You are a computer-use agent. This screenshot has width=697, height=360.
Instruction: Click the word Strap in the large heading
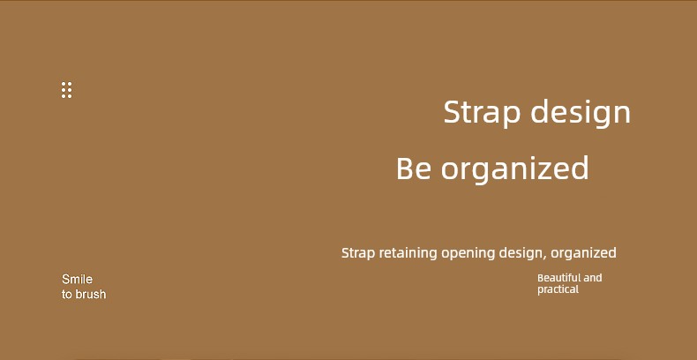coord(482,113)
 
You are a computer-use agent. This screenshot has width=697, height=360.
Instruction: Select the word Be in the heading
coord(414,168)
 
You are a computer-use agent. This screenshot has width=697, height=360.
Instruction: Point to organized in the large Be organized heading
coord(514,169)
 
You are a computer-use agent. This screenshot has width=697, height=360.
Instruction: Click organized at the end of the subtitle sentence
coord(583,254)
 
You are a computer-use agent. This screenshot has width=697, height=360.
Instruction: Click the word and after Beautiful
coord(593,278)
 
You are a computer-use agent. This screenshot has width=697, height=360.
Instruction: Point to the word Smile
coord(78,279)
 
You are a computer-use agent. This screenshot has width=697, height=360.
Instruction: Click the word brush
coord(91,294)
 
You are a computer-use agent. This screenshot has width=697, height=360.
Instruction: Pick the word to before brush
coord(67,295)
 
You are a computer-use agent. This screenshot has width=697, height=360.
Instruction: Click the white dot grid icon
coord(67,90)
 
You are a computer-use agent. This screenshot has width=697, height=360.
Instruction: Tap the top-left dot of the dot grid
coord(64,84)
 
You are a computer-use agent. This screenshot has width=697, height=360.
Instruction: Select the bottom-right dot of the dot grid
coord(70,96)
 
